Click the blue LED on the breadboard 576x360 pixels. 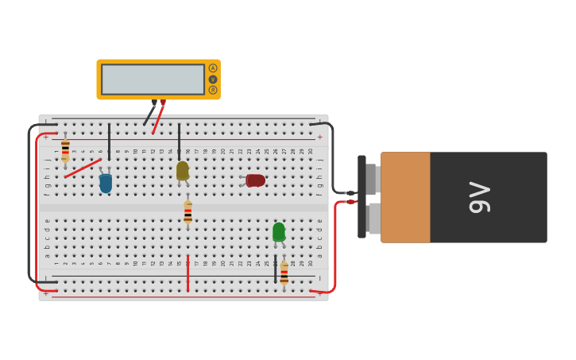click(106, 184)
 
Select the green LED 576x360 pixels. click(279, 231)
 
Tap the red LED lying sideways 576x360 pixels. click(255, 180)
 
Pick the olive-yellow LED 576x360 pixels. click(183, 171)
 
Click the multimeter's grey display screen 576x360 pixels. click(153, 79)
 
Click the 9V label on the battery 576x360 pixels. click(479, 197)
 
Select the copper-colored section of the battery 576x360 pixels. click(405, 197)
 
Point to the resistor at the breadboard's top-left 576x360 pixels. click(65, 149)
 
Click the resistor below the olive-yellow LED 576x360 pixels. click(187, 212)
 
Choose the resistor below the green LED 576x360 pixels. click(284, 274)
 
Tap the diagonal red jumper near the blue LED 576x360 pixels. click(83, 168)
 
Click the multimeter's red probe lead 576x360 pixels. click(158, 119)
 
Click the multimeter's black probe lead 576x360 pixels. click(149, 115)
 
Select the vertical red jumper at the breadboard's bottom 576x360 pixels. click(187, 274)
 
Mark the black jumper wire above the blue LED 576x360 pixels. click(109, 141)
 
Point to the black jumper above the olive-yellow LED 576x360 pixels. click(179, 139)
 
